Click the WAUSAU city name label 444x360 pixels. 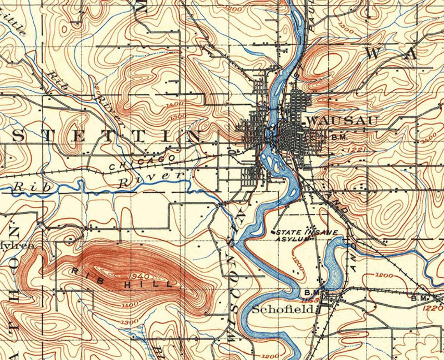(342, 121)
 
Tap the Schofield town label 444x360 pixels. (282, 309)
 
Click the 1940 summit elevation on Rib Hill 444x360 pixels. (138, 276)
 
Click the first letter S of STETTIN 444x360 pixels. (18, 136)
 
